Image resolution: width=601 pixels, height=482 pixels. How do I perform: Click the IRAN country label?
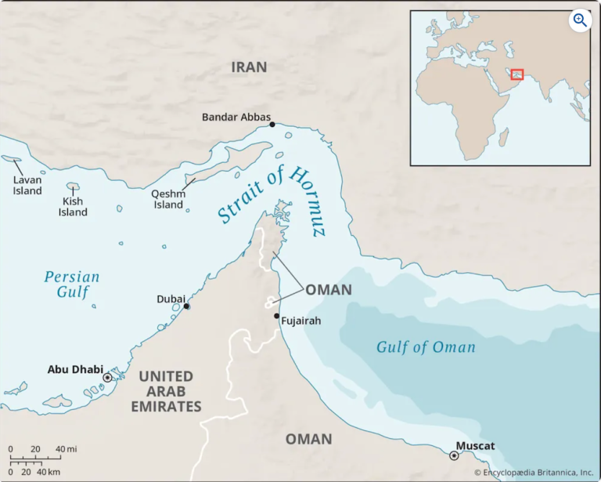[249, 67]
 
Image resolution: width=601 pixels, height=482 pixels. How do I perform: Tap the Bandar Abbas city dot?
[272, 125]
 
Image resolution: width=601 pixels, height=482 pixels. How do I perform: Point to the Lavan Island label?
[27, 185]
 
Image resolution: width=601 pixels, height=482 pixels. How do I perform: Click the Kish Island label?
[73, 206]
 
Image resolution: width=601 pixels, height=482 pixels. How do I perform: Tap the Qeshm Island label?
[168, 200]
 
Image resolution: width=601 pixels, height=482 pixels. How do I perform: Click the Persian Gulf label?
[71, 284]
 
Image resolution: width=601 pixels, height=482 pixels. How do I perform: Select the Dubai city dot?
[186, 306]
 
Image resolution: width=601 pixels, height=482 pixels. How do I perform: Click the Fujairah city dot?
[277, 316]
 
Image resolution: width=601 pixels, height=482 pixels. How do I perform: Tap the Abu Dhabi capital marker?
[107, 378]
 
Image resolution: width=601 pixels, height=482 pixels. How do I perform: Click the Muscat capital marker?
[454, 455]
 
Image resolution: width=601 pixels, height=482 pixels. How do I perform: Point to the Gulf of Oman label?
[426, 347]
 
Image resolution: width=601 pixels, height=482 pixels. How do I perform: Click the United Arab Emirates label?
[170, 391]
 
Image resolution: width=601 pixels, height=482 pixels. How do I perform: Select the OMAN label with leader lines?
[328, 290]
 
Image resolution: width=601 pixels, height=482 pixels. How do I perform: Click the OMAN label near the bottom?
[308, 439]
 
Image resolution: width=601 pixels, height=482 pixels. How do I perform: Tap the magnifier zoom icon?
[580, 20]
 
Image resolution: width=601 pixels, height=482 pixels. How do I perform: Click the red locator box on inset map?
[516, 74]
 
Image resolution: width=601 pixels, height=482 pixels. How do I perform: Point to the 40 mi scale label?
[65, 449]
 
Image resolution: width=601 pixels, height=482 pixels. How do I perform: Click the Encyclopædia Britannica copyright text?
[534, 473]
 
